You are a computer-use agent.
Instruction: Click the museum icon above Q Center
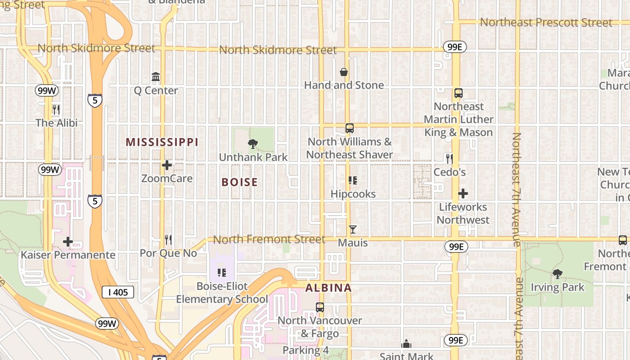pos(156,77)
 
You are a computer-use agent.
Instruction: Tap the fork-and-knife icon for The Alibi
pos(56,109)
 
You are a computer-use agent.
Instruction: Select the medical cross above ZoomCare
pos(167,165)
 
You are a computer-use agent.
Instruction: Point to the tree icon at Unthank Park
pos(253,144)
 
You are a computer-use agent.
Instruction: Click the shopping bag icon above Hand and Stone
pos(344,72)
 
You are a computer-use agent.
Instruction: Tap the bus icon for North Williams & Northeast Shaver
pos(350,128)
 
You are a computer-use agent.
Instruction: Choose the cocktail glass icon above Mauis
pos(353,229)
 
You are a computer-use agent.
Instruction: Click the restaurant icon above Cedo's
pos(449,158)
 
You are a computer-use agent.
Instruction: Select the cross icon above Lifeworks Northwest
pos(463,194)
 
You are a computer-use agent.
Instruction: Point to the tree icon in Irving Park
pos(558,274)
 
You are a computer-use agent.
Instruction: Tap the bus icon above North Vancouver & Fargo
pos(320,307)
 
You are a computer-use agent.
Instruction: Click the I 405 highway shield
pos(118,292)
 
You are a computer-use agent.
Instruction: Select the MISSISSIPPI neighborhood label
pos(162,142)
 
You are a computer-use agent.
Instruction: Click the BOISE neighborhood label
pos(240,182)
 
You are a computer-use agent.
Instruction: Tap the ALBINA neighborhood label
pos(328,288)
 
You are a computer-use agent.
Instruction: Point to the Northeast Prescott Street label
pos(546,22)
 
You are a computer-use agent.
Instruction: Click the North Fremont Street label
pos(269,239)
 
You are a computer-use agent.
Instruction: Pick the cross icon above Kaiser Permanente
pos(68,242)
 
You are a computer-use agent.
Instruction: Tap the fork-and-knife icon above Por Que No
pos(168,239)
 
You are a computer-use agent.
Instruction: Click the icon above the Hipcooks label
pos(353,180)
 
